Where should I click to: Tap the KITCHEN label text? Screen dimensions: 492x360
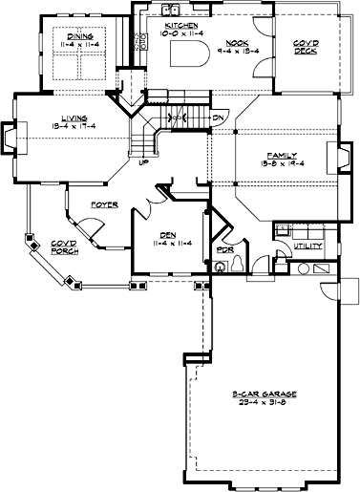click(181, 26)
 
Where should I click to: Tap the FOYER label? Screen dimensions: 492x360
click(104, 205)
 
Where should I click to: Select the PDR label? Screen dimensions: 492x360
click(226, 252)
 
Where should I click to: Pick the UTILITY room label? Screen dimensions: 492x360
click(307, 246)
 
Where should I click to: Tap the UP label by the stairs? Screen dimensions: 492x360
click(144, 162)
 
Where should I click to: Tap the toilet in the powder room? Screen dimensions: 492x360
click(221, 268)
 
